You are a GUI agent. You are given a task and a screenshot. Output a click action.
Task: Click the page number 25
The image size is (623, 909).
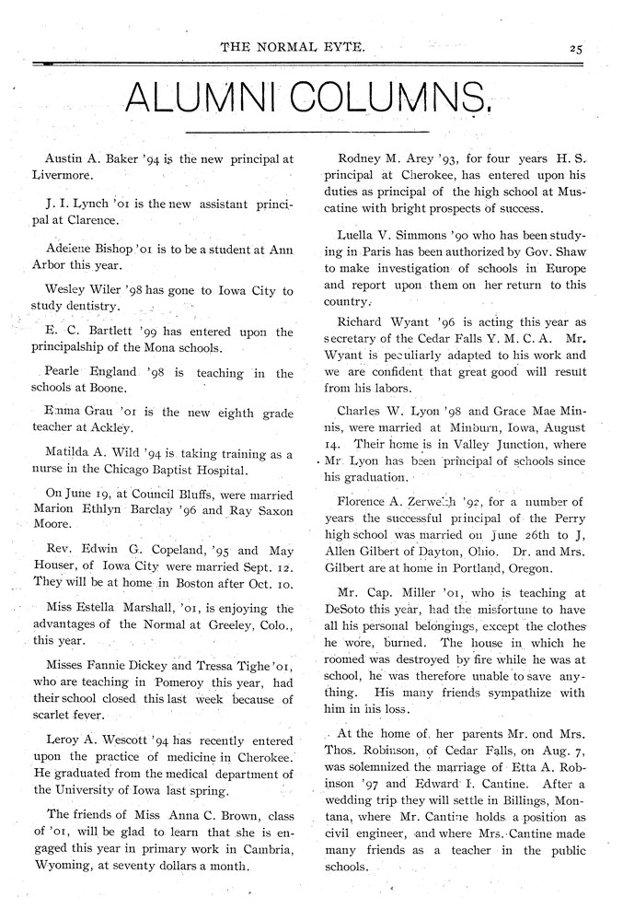[x=577, y=48]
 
